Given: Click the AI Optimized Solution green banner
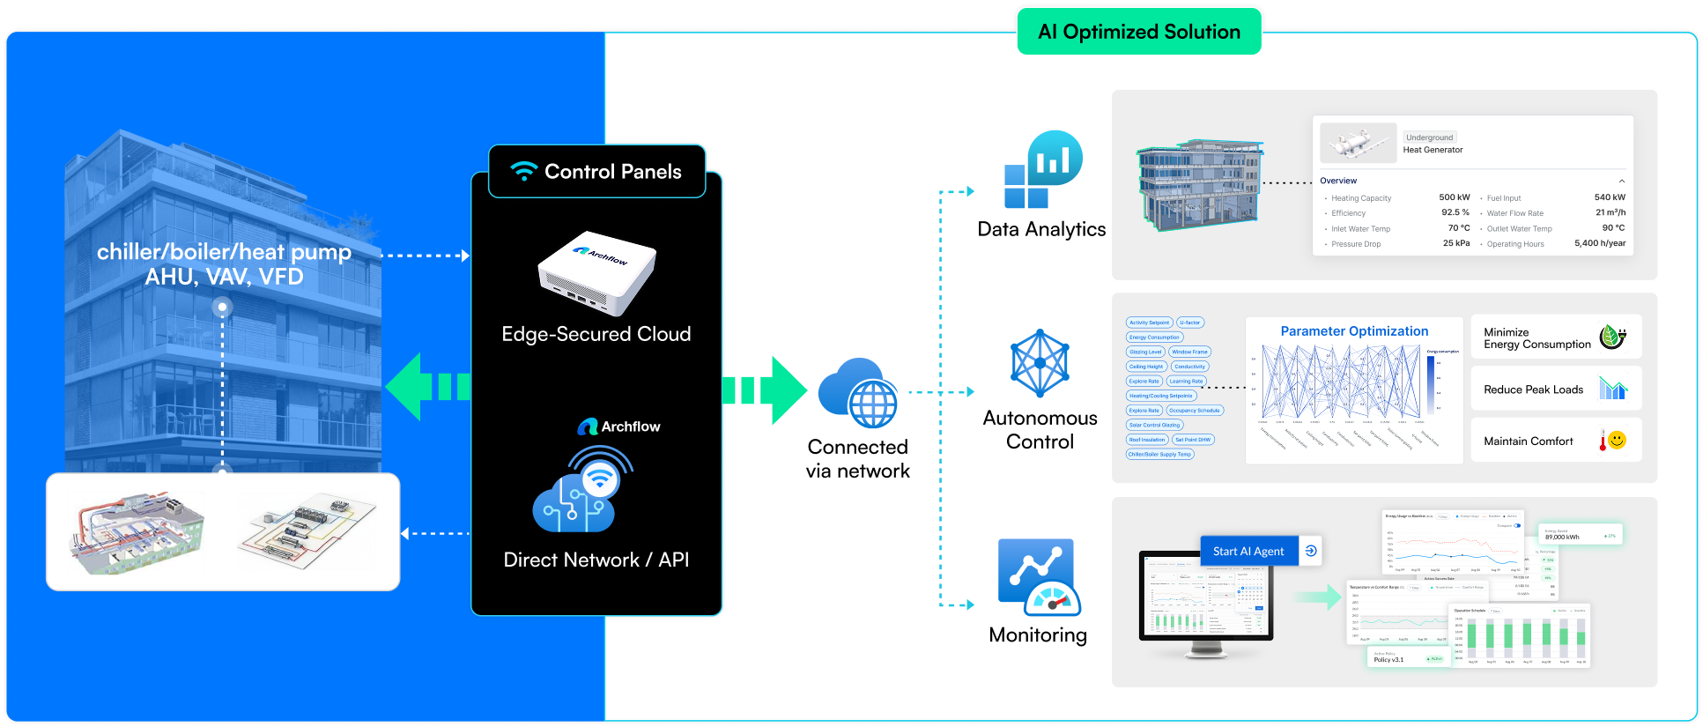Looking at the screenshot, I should (1138, 32).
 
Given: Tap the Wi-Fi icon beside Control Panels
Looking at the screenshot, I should (524, 171).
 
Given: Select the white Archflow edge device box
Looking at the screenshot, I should (596, 273).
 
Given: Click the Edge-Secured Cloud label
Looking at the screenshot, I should (596, 335).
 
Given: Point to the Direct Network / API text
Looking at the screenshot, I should (596, 560).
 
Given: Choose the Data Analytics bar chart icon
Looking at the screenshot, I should (1043, 170).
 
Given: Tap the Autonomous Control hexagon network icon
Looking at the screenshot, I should (1040, 363).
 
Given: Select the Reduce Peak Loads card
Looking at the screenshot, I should (1556, 389).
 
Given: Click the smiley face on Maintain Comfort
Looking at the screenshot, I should (1617, 440).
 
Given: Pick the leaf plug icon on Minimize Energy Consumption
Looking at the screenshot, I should (1612, 337).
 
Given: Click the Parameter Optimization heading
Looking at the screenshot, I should (1354, 331).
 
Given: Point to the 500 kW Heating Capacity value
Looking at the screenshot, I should (1454, 197).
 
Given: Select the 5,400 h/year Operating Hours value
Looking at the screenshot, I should (1599, 243).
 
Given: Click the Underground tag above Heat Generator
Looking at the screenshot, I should (1429, 137).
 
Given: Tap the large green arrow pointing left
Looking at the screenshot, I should (427, 387).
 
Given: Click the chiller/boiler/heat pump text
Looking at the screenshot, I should (224, 252).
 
